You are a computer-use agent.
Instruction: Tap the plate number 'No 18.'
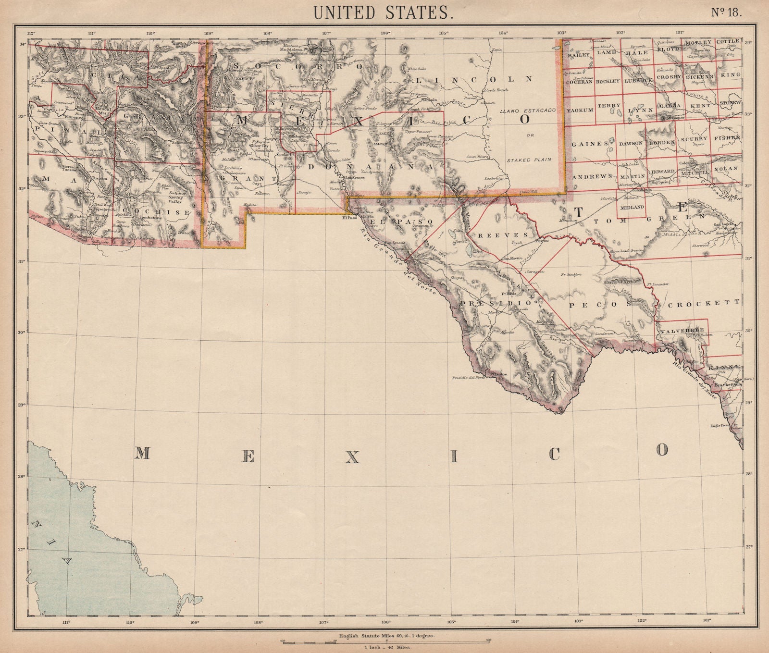(x=726, y=13)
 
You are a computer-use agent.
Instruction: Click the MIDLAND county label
(x=631, y=207)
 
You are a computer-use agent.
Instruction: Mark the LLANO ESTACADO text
(x=528, y=111)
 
